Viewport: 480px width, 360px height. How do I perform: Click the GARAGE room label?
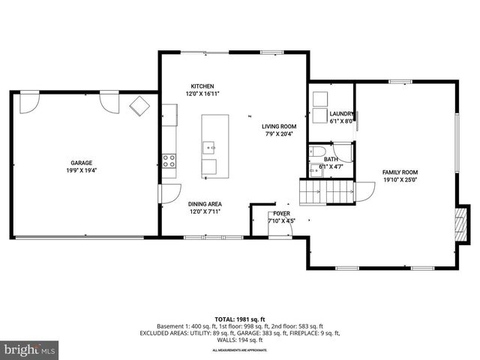[x=82, y=162]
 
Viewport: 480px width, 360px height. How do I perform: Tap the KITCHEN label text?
[x=202, y=85]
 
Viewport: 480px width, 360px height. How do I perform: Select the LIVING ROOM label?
[x=279, y=127]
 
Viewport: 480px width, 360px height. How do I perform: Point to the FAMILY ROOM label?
[x=400, y=172]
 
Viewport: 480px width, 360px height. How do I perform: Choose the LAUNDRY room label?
[x=341, y=113]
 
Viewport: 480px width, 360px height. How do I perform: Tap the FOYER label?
[x=281, y=214]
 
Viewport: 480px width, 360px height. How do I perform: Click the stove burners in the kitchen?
[x=169, y=160]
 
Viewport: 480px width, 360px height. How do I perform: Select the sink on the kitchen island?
[x=209, y=147]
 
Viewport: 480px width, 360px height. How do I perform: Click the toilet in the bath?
[x=316, y=154]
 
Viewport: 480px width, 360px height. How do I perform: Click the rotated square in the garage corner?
[x=139, y=106]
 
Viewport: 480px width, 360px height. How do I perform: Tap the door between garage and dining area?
[x=171, y=193]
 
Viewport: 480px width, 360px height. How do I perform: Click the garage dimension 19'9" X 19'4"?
[x=82, y=170]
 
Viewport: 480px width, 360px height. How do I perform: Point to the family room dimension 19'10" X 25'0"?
[x=400, y=180]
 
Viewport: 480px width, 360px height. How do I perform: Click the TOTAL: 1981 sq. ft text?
[x=240, y=319]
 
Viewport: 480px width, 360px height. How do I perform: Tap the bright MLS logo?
[x=30, y=349]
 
